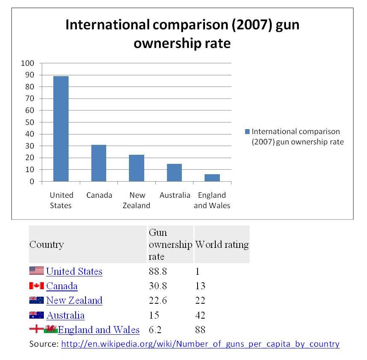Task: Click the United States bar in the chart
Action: click(61, 129)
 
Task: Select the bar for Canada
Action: click(99, 163)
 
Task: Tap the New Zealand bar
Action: click(136, 168)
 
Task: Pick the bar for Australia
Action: click(174, 173)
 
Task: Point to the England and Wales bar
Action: click(212, 178)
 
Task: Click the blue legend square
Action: click(247, 132)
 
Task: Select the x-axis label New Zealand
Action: click(136, 200)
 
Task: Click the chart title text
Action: click(182, 34)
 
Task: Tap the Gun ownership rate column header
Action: click(170, 245)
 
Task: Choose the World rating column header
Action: click(222, 245)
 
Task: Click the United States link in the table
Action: click(74, 271)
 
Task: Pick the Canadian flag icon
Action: click(36, 286)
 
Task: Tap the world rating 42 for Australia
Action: click(200, 315)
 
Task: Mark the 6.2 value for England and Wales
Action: click(155, 330)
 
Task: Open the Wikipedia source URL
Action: click(200, 344)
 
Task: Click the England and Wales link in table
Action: click(99, 330)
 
